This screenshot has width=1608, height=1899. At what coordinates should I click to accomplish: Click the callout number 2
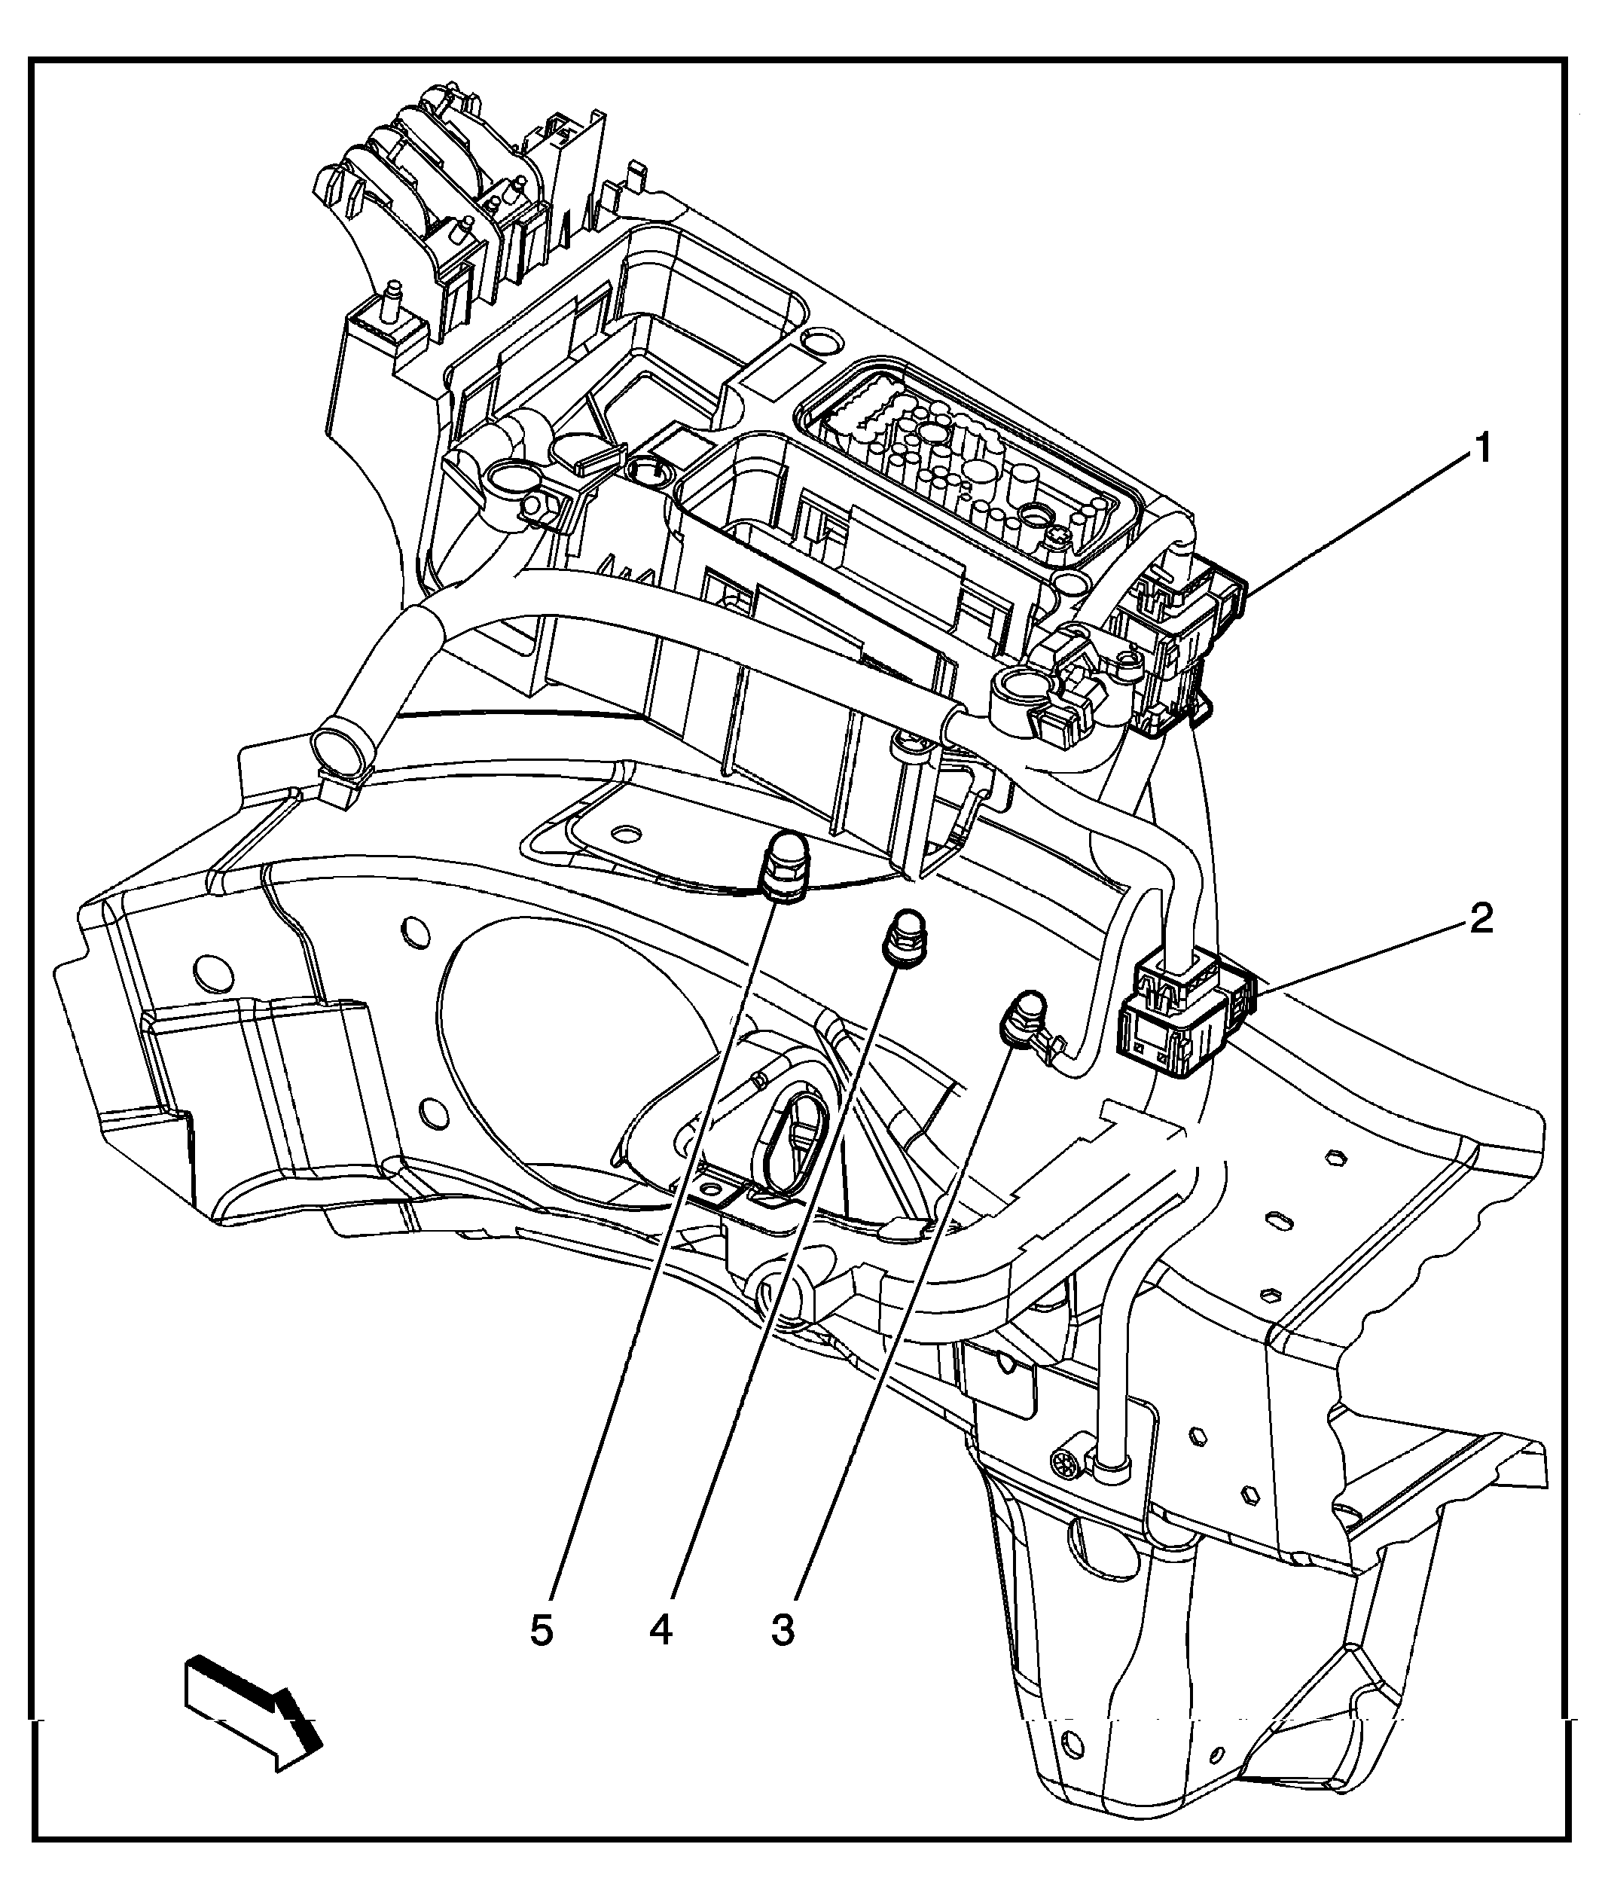(x=1481, y=919)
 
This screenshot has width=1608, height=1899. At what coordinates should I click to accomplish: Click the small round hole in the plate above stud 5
(x=624, y=834)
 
